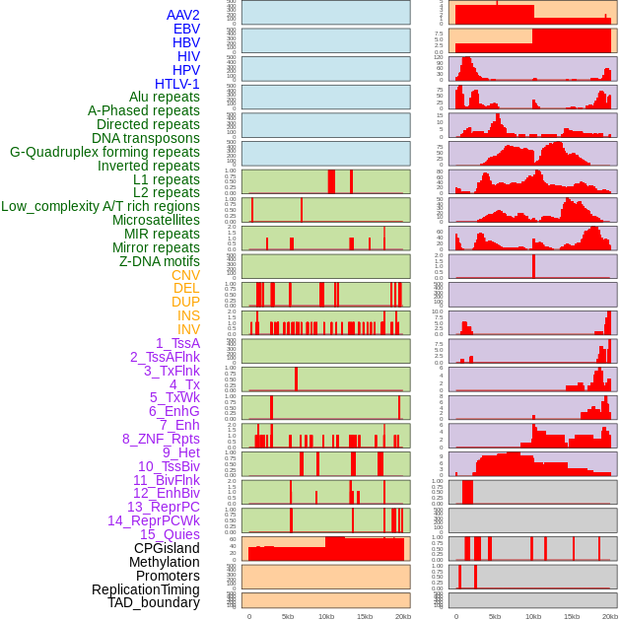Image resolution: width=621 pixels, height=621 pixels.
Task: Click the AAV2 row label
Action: (182, 15)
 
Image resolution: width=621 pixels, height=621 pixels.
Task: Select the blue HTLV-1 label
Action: (176, 84)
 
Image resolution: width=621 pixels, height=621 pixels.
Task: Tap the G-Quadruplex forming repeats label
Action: (104, 152)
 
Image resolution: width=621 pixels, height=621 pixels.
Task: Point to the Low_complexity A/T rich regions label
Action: (101, 206)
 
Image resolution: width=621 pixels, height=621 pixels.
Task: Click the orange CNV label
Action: (185, 275)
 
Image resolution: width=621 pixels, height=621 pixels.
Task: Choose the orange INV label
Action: (188, 329)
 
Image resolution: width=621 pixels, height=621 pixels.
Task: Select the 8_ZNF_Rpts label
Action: (161, 439)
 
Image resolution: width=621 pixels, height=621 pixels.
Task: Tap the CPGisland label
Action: (167, 548)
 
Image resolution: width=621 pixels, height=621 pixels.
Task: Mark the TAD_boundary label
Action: (154, 602)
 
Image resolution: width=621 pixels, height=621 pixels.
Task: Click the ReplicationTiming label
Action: (145, 589)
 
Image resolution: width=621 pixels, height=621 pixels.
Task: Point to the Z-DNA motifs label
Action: (160, 261)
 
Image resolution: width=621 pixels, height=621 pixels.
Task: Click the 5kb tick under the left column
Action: (288, 616)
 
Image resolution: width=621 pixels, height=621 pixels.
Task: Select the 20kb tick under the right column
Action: (610, 616)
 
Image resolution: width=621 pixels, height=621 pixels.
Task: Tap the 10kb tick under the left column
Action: (326, 616)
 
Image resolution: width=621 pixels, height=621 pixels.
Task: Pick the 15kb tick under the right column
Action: (572, 616)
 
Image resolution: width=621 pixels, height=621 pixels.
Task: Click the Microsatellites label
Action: (156, 220)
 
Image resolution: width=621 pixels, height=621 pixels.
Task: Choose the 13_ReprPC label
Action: (163, 507)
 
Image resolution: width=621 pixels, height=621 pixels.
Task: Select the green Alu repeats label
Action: (164, 97)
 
